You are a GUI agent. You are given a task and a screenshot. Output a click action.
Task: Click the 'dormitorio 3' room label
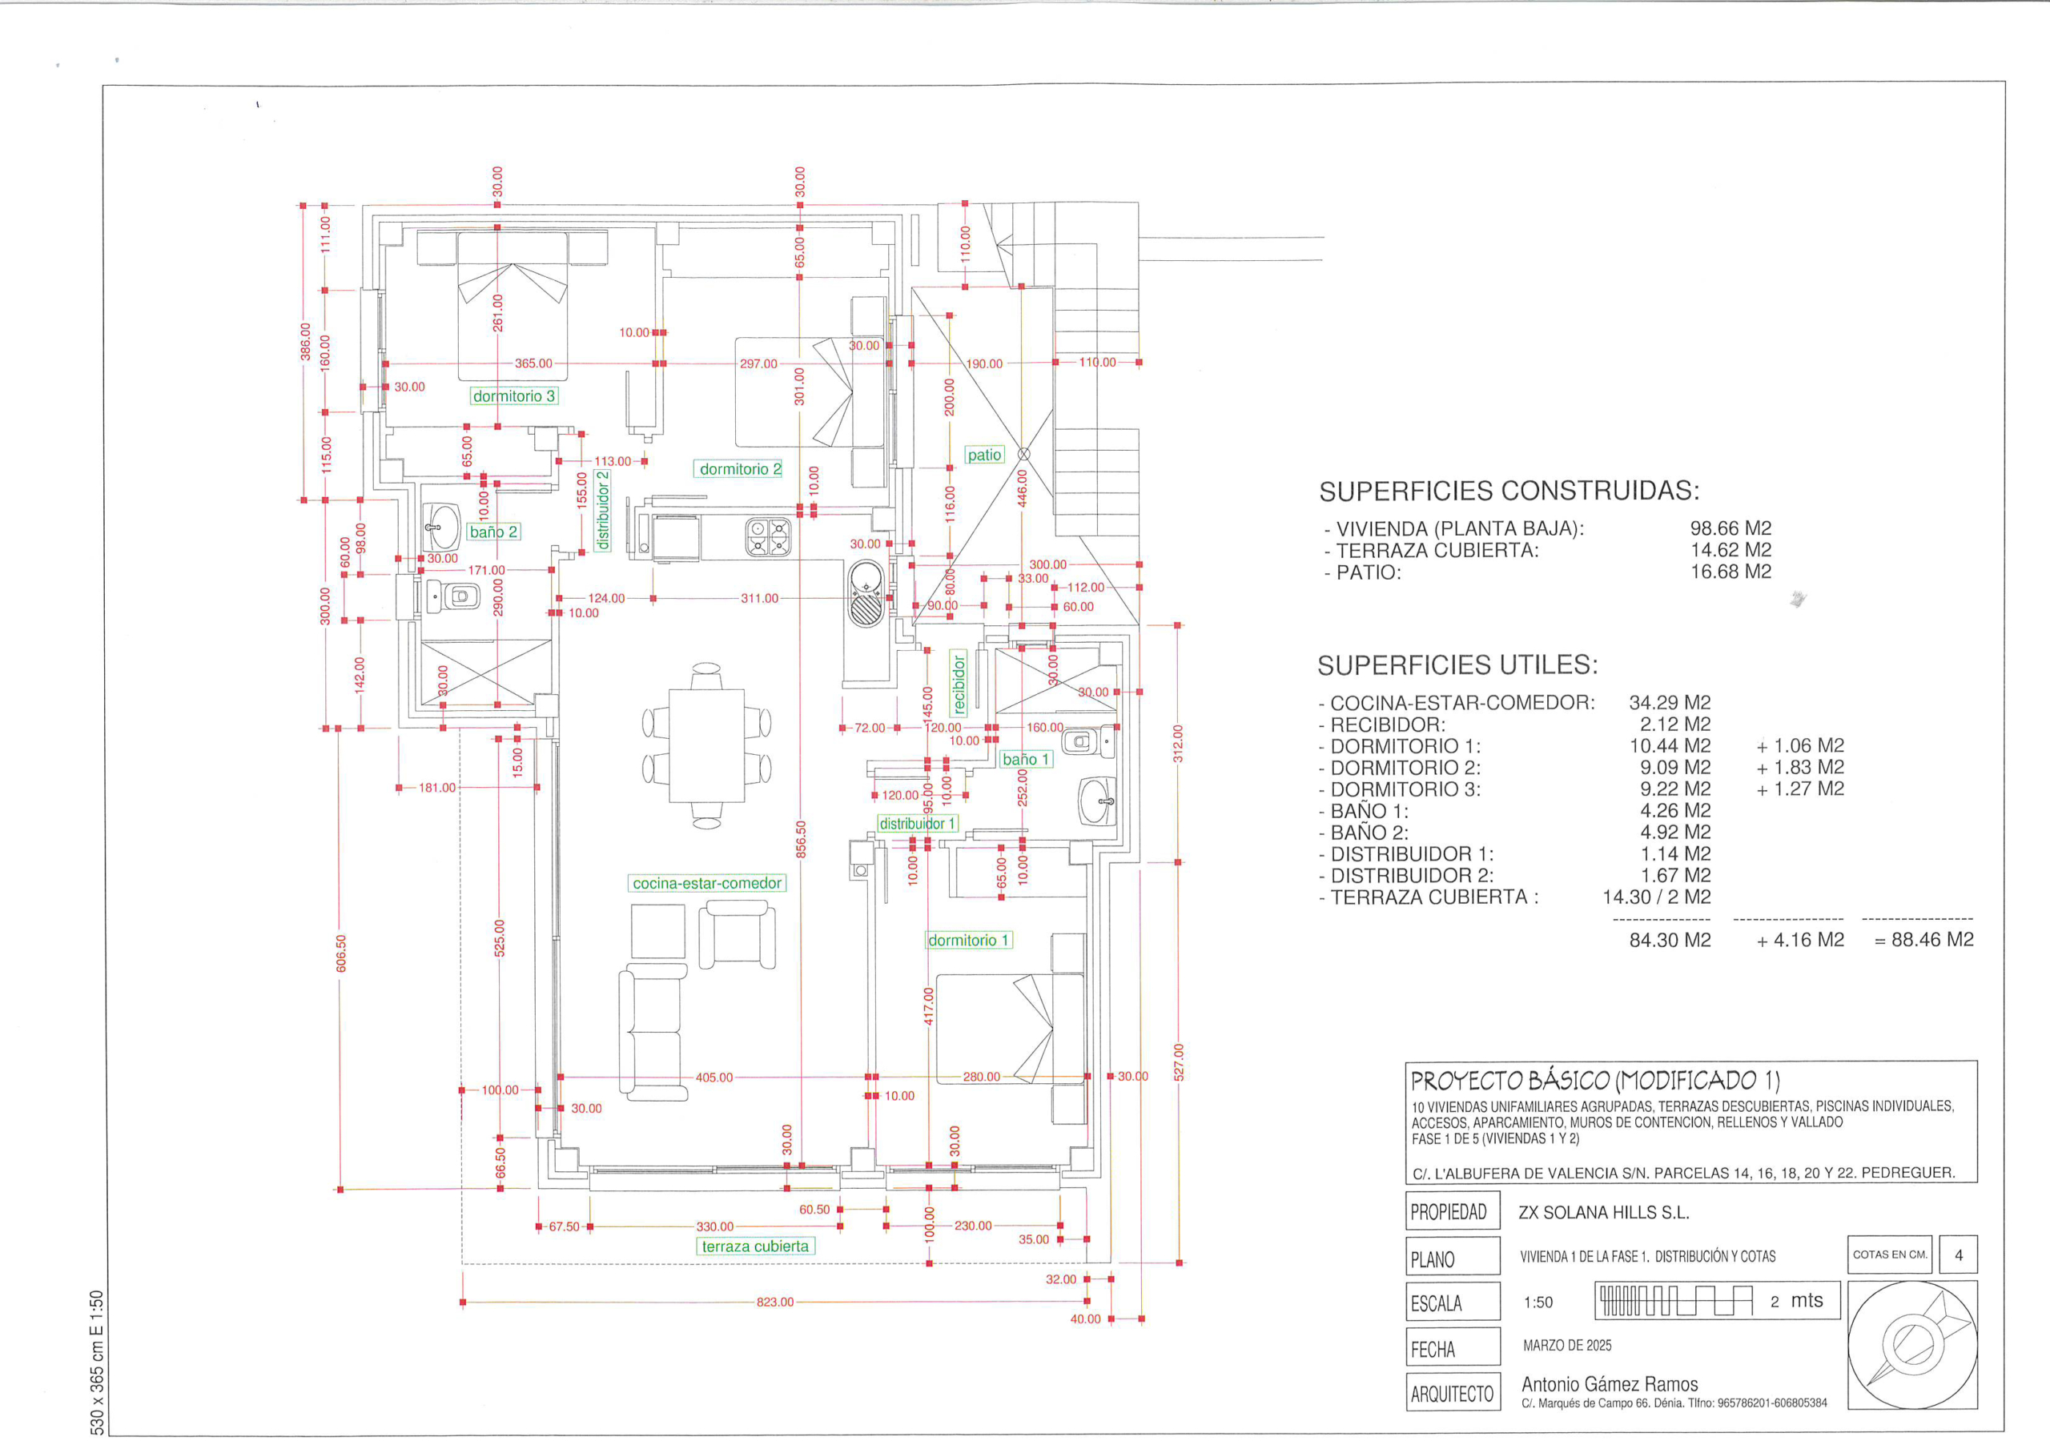pos(514,395)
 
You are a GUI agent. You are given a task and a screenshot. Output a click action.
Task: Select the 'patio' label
pos(985,455)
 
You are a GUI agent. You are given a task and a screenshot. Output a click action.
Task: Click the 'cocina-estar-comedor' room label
pos(707,883)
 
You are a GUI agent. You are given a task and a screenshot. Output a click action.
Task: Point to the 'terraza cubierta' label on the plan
pos(755,1246)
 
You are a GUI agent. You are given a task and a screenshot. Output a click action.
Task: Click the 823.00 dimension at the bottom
pos(775,1302)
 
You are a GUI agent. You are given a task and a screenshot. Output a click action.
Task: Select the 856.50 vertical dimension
pos(801,839)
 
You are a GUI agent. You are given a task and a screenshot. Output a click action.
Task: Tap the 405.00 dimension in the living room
pos(714,1078)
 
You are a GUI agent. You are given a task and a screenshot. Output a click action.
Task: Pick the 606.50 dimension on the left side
pos(340,953)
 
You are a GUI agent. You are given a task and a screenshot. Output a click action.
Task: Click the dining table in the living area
pos(707,745)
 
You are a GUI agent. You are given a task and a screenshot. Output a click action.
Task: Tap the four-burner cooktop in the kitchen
pos(768,538)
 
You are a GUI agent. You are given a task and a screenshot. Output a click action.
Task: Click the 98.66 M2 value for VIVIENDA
pos(1730,528)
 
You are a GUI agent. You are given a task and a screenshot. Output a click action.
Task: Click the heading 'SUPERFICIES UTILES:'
pos(1458,665)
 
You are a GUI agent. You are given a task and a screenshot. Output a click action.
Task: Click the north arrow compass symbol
pos(1912,1345)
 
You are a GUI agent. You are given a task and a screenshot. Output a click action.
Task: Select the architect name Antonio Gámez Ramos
pos(1610,1385)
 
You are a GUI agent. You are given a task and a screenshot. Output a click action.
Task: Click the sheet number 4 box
pos(1959,1254)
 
